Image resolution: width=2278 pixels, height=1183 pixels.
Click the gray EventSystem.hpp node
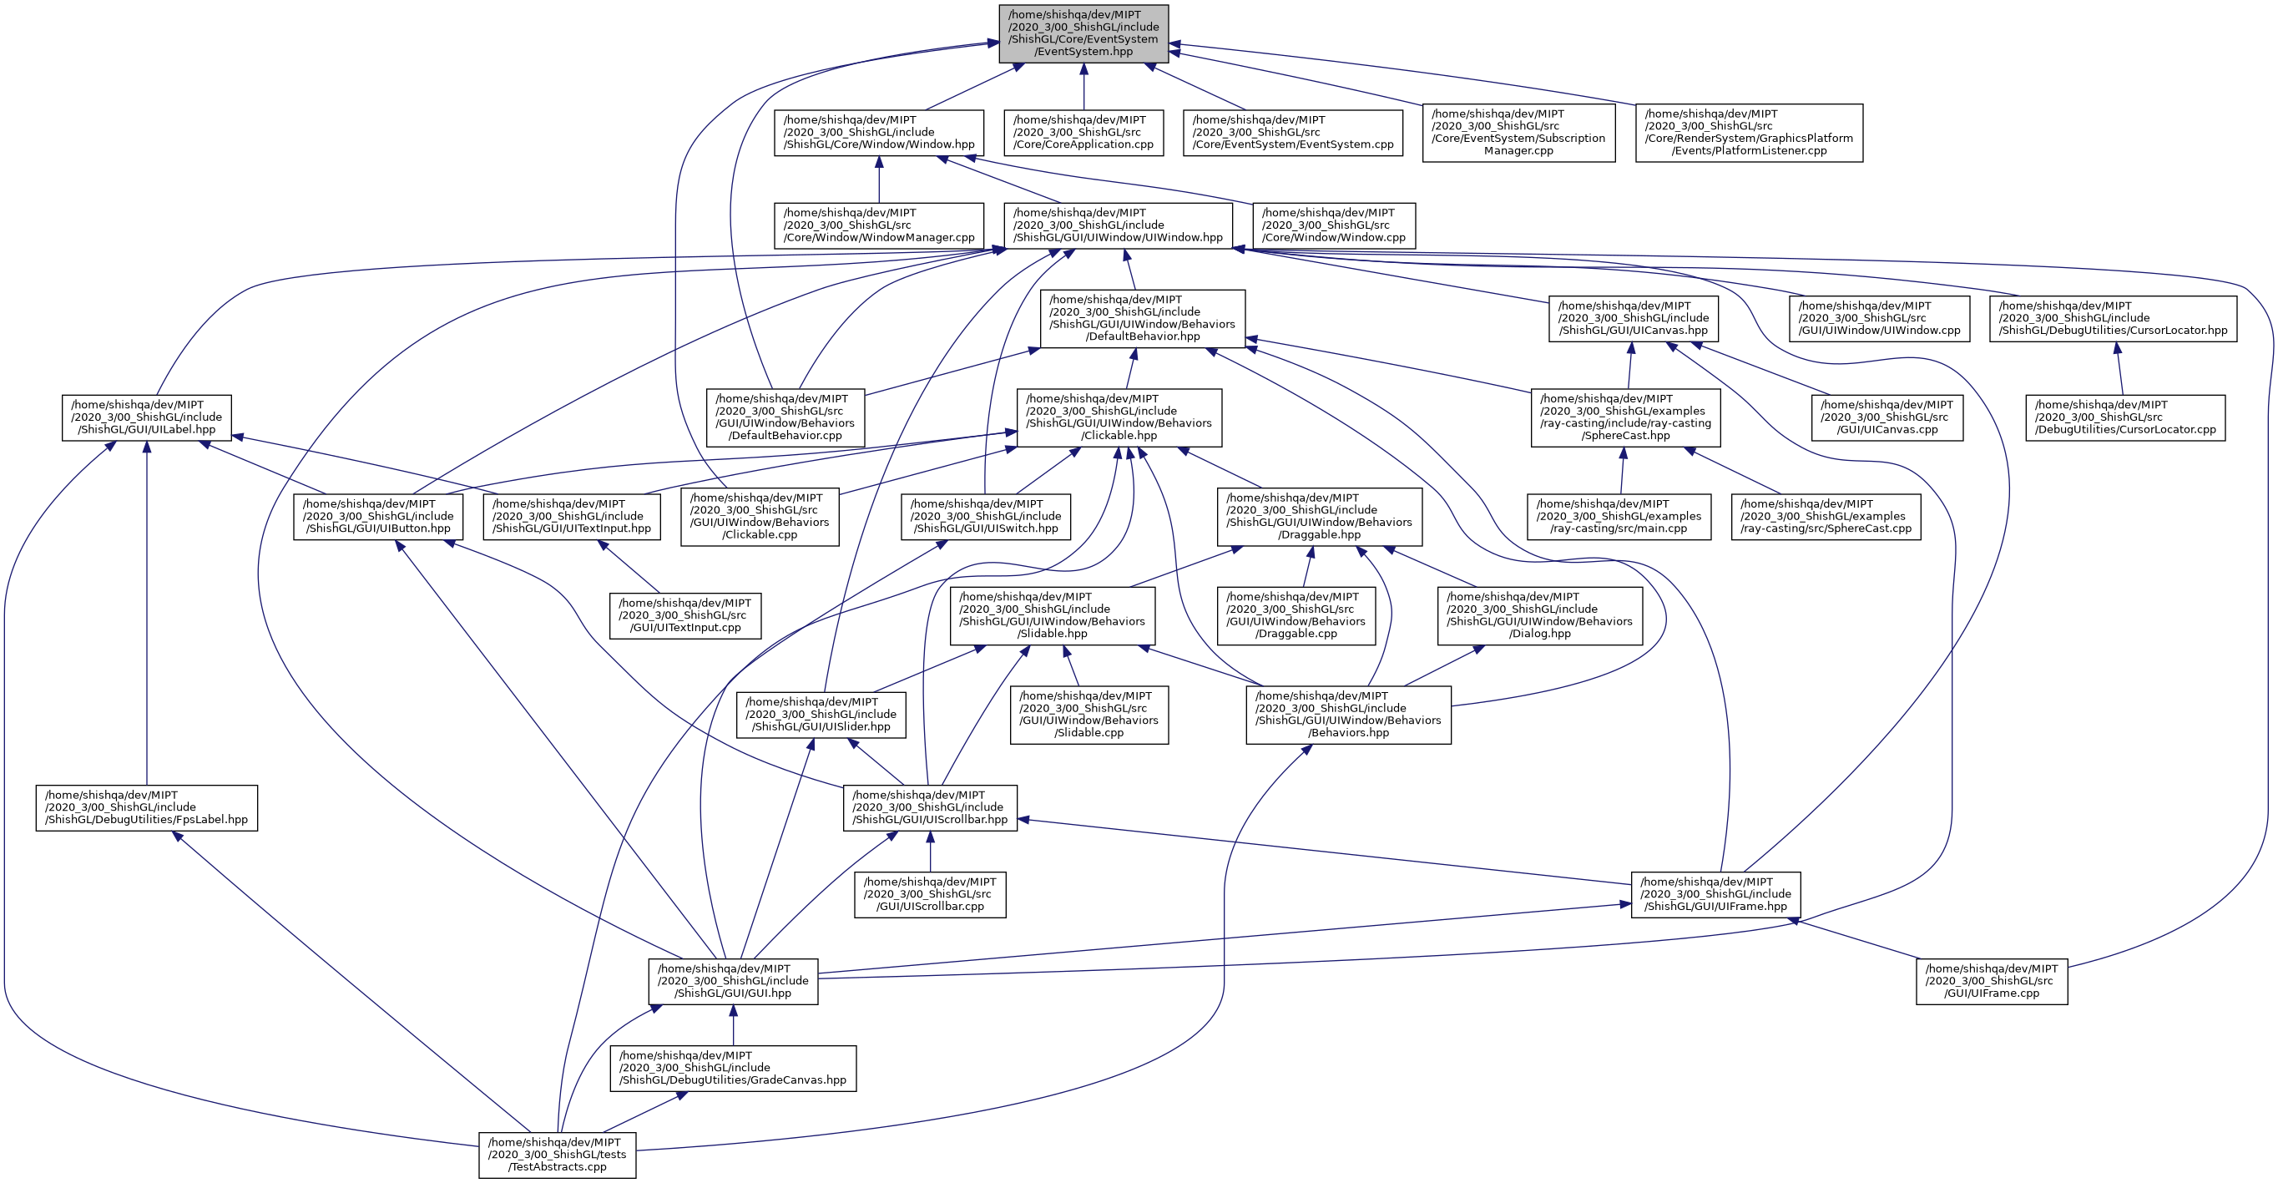(1083, 33)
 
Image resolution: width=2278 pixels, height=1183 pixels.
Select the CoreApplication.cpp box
(1083, 133)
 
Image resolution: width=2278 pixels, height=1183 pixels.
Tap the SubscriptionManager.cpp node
(1518, 133)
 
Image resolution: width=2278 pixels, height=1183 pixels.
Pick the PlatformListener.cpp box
(1748, 133)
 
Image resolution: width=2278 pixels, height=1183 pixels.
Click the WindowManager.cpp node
(878, 225)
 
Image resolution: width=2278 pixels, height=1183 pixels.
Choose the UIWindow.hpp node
(1118, 225)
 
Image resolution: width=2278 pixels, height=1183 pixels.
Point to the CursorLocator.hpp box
(2113, 318)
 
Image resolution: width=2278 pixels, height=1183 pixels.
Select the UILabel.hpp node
(146, 417)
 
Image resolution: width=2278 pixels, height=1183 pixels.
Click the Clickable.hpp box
(1119, 417)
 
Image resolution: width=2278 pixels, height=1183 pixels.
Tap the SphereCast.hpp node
(1625, 417)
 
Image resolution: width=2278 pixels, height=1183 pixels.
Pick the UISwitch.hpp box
(985, 516)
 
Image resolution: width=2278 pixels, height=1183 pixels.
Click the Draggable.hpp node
(1320, 516)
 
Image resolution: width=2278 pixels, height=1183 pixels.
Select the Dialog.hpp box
(1539, 615)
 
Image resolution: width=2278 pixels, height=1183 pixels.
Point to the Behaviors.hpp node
(1348, 715)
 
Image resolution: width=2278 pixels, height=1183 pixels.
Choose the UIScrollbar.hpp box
(929, 807)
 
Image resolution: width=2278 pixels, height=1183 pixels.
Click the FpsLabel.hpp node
(146, 807)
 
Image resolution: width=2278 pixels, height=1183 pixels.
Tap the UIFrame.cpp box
(1992, 982)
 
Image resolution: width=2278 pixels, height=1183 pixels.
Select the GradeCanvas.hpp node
(732, 1068)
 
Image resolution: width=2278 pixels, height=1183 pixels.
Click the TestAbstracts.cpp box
(557, 1155)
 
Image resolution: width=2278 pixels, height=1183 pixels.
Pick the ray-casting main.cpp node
(1619, 516)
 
